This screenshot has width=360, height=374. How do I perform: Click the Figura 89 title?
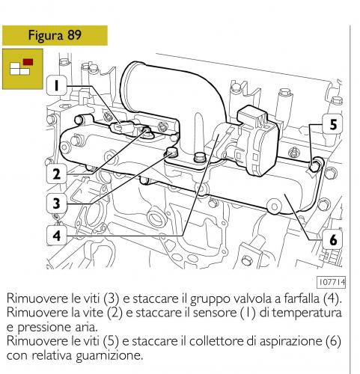[x=55, y=35]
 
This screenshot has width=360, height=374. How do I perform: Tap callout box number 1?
[x=57, y=85]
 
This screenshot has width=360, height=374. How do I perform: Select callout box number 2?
[x=57, y=174]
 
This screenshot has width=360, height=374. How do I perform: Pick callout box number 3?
[x=57, y=203]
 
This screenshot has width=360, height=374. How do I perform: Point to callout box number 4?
[x=57, y=236]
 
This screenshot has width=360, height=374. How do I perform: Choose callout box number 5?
[x=333, y=124]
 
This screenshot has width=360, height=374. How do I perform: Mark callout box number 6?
[x=333, y=239]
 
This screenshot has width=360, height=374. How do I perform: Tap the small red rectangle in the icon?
[x=28, y=62]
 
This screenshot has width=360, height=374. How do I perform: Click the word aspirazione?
[x=291, y=342]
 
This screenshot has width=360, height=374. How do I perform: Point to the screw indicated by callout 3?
[x=171, y=152]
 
